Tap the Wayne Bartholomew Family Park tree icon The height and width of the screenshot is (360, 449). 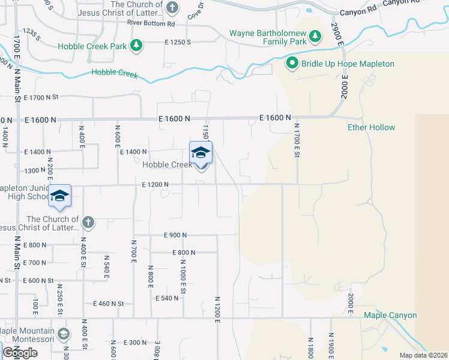(x=315, y=38)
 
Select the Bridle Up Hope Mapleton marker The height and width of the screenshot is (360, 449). (x=292, y=63)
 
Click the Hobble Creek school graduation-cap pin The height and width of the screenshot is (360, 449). (x=200, y=152)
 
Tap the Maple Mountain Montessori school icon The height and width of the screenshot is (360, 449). (x=64, y=334)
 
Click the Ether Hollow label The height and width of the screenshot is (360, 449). (x=372, y=127)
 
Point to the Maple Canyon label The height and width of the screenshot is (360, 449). (x=390, y=315)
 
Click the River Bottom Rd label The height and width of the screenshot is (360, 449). (x=151, y=23)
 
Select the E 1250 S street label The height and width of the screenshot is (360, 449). (x=177, y=43)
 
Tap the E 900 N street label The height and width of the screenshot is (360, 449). (x=175, y=235)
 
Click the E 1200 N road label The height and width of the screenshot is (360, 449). (x=155, y=184)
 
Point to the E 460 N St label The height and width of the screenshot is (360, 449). (x=109, y=304)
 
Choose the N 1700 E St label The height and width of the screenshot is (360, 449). (x=297, y=141)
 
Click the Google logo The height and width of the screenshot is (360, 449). (x=20, y=353)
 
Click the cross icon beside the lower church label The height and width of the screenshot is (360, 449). (x=88, y=223)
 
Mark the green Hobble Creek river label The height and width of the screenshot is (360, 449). (x=114, y=74)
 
